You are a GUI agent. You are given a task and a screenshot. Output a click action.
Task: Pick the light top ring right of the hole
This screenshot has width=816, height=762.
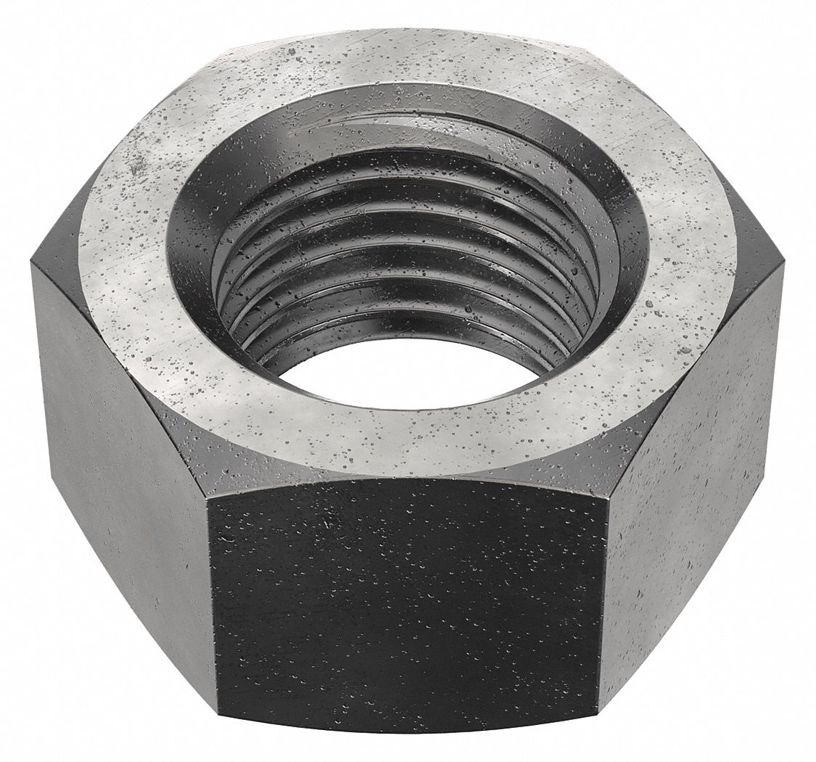tap(667, 254)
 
